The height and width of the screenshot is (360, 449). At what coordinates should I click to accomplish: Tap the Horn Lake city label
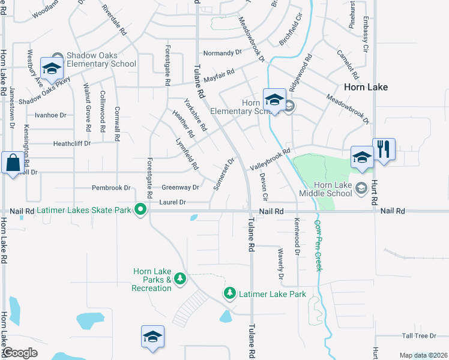tap(366, 87)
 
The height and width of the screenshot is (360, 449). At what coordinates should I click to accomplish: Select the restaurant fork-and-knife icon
tap(383, 149)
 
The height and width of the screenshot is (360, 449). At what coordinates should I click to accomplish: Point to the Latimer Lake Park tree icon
tap(229, 293)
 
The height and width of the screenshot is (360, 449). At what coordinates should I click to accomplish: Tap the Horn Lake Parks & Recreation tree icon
tap(179, 278)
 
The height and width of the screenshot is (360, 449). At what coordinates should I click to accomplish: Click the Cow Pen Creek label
tap(318, 245)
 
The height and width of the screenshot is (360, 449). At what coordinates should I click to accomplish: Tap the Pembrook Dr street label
tap(111, 188)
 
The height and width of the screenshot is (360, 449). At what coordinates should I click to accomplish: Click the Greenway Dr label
tap(180, 188)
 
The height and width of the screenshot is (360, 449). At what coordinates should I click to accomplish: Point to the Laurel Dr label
tap(173, 203)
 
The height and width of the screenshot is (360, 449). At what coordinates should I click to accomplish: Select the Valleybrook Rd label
tap(270, 160)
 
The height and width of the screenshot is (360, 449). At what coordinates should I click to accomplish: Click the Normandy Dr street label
tap(222, 53)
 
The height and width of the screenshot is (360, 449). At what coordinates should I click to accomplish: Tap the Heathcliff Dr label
tap(71, 143)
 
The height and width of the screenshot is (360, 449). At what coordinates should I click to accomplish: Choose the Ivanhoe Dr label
tap(50, 115)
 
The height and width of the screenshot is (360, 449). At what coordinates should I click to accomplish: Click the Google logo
tap(20, 353)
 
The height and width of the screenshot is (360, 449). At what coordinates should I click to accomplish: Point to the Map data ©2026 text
tap(423, 355)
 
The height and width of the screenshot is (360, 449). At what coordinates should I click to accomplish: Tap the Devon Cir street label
tap(263, 187)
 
